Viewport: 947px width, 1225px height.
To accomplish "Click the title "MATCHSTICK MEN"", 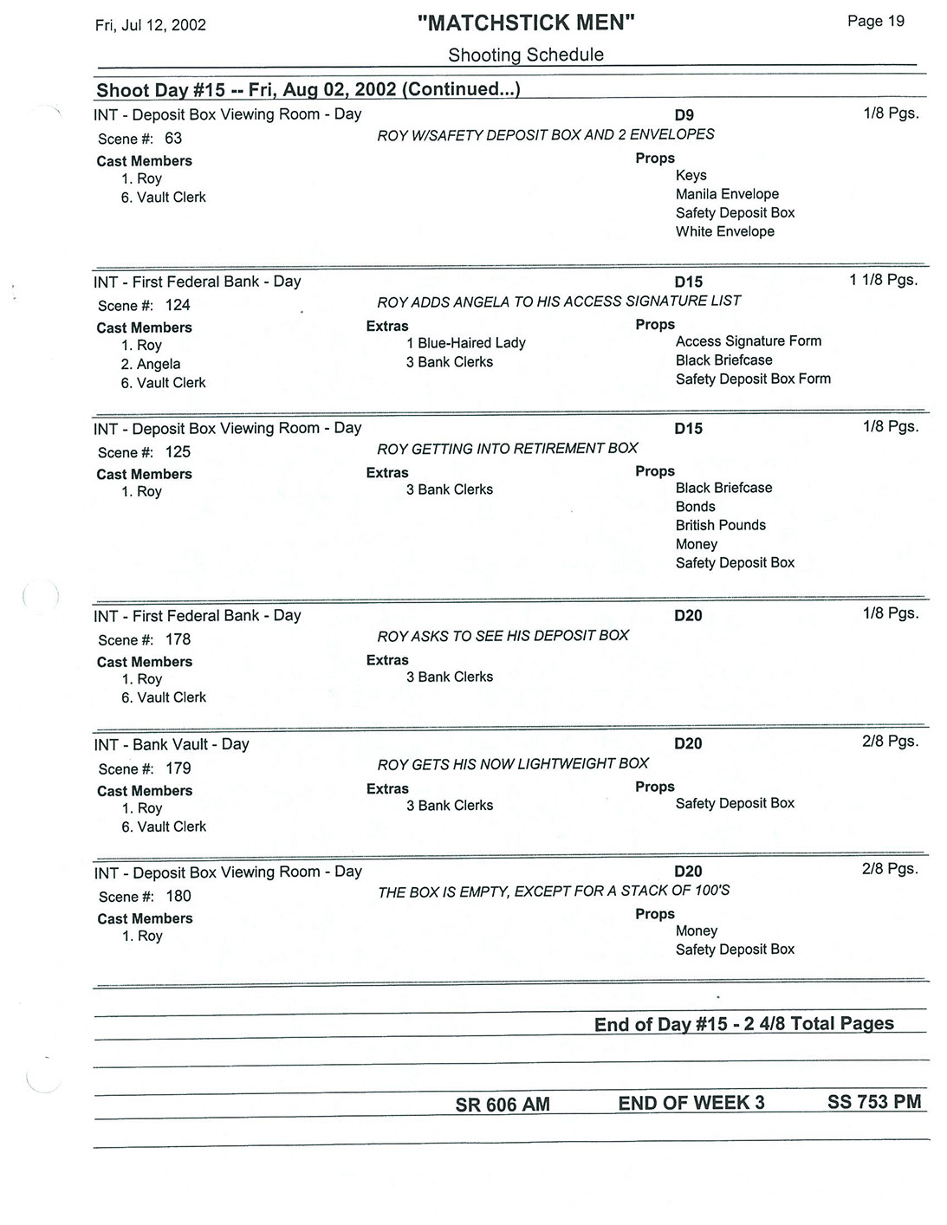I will click(x=526, y=23).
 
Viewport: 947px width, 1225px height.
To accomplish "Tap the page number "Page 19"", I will click(x=875, y=22).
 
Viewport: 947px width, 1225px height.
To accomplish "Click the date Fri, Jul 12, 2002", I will click(x=151, y=25).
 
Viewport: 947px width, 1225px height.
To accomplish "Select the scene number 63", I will click(x=173, y=139).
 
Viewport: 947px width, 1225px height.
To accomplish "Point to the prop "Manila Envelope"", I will click(x=727, y=194).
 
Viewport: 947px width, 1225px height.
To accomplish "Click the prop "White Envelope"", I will click(x=724, y=231).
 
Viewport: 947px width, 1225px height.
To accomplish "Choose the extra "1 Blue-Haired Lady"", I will click(x=465, y=343).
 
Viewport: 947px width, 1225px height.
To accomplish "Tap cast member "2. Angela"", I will click(x=151, y=364).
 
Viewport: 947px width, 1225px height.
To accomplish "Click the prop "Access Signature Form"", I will click(x=748, y=341).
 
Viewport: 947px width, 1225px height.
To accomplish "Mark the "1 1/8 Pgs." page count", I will click(x=883, y=280).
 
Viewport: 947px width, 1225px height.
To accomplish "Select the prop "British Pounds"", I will click(x=720, y=525).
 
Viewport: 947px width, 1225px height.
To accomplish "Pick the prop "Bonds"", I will click(x=695, y=507).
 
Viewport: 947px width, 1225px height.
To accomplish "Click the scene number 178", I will click(x=178, y=639).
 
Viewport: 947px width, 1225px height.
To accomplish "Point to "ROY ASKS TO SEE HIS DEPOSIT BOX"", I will click(x=503, y=636).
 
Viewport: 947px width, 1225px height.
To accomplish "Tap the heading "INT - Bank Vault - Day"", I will click(x=172, y=744).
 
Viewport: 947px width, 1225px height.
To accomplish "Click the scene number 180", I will click(x=178, y=897).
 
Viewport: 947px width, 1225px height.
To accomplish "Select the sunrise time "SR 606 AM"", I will click(x=503, y=1105).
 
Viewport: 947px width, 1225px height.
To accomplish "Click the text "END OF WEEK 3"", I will click(x=691, y=1103).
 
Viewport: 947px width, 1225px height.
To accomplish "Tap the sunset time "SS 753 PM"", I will click(x=873, y=1102).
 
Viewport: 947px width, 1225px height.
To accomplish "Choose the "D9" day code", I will click(x=684, y=115).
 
